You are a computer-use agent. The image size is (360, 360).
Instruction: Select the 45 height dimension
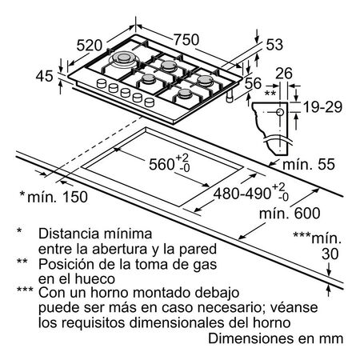[44, 77]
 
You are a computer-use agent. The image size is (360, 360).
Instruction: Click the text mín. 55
[307, 164]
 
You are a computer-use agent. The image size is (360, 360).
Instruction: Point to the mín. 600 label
[280, 214]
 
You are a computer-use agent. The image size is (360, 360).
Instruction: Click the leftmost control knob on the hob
[102, 85]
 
